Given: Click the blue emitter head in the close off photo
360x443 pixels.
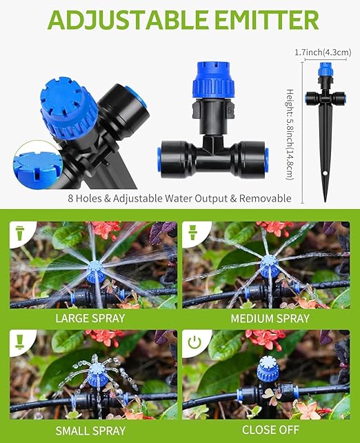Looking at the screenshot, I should point(268,371).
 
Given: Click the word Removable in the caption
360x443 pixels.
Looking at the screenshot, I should point(264,199).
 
